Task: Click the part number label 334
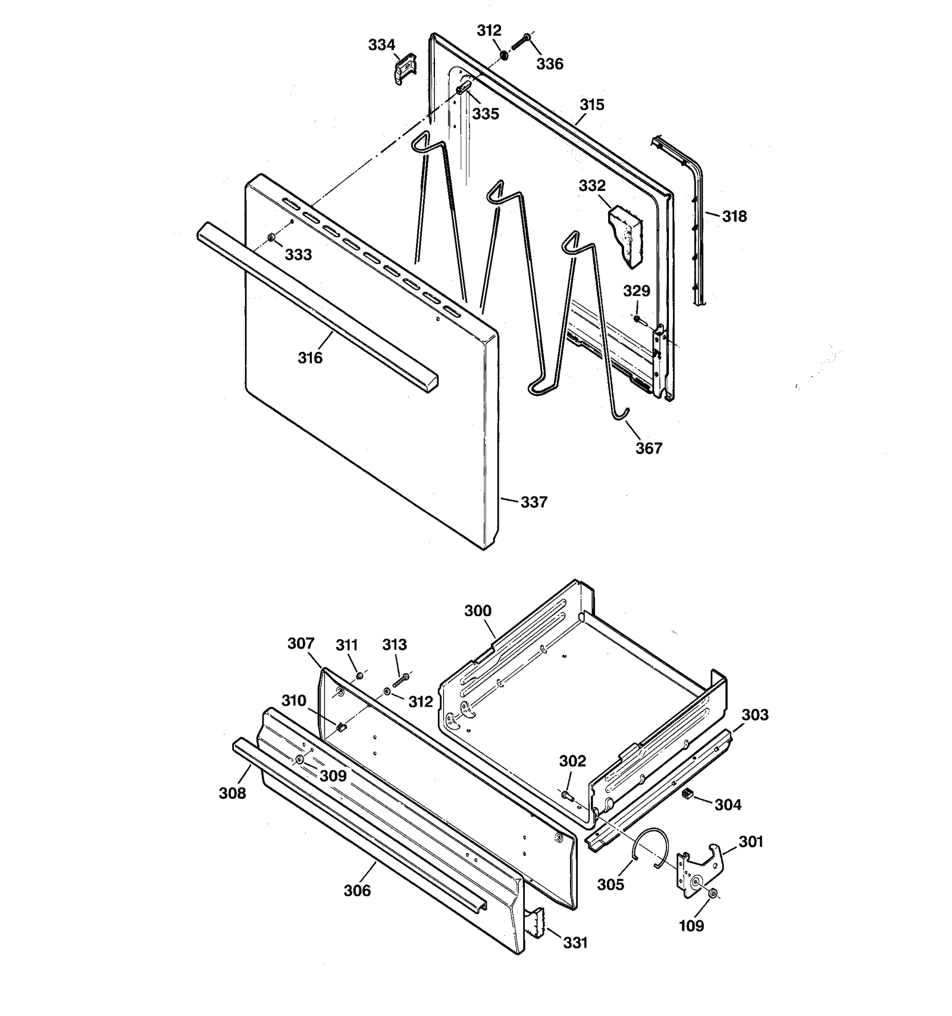[x=381, y=45]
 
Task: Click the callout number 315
[x=592, y=105]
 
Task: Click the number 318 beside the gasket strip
[x=734, y=216]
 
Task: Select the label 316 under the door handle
[x=310, y=358]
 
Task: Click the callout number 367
[x=649, y=448]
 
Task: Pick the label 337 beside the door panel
[x=534, y=502]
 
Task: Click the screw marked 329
[x=637, y=319]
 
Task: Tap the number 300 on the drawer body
[x=478, y=611]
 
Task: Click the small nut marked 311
[x=360, y=675]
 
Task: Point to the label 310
[x=294, y=701]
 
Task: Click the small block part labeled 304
[x=687, y=793]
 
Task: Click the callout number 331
[x=575, y=942]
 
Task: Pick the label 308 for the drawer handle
[x=232, y=793]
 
